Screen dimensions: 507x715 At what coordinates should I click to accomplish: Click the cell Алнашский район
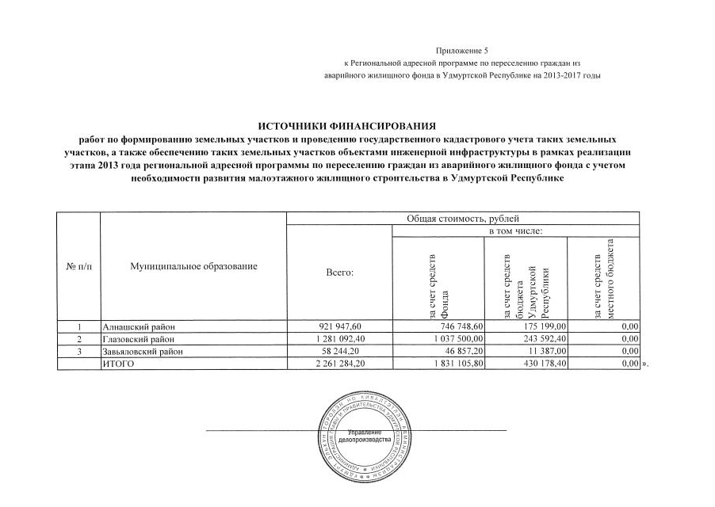(x=138, y=326)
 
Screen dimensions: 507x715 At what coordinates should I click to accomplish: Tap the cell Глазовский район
(x=140, y=338)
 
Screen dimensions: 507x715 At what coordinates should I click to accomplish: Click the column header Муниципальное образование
(x=193, y=267)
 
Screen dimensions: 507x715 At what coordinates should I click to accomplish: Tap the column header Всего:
(x=339, y=273)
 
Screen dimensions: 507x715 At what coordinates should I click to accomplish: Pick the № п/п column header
(x=78, y=267)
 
